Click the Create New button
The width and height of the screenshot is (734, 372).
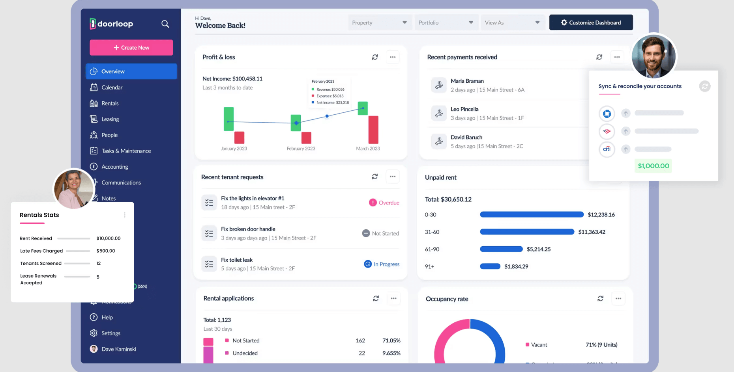tap(131, 48)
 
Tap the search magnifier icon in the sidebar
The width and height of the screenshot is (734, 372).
tap(165, 24)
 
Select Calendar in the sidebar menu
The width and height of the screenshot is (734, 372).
tap(112, 87)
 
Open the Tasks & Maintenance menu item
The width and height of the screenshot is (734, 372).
tap(126, 151)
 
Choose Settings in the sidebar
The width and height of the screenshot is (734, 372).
tap(110, 333)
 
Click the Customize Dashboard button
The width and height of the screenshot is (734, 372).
tap(591, 22)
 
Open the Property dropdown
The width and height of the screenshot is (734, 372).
tap(379, 22)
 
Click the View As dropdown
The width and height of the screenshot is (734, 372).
tap(512, 22)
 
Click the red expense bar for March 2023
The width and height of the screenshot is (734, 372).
tap(373, 130)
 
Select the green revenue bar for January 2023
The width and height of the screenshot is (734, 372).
tap(228, 119)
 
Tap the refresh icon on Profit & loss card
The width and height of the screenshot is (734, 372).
tap(375, 57)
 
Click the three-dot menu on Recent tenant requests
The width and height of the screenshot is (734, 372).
tap(393, 177)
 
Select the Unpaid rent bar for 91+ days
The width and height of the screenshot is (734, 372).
tap(490, 266)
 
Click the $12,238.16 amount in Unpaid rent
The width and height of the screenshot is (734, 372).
tap(601, 215)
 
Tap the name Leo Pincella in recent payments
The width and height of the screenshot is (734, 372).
tap(464, 109)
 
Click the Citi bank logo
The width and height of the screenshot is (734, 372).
tap(607, 149)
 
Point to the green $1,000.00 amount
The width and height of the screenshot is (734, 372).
tap(653, 166)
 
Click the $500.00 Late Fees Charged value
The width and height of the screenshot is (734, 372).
tap(106, 251)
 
